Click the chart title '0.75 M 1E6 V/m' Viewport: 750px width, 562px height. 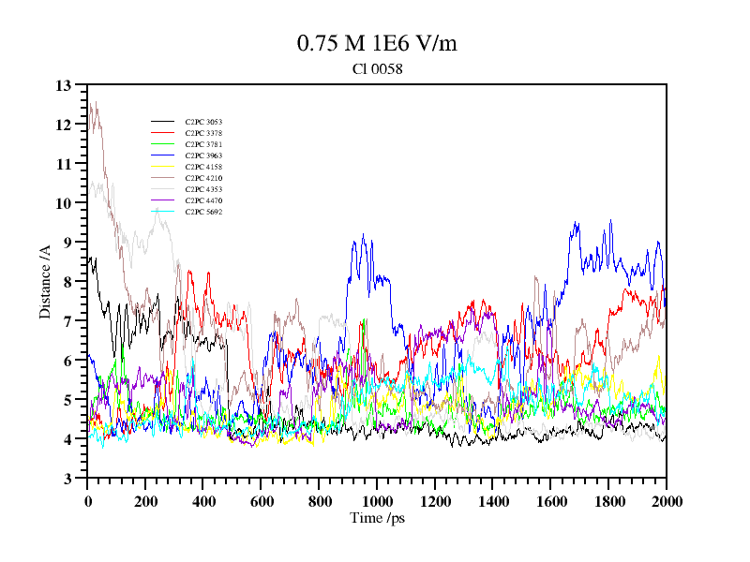pos(377,43)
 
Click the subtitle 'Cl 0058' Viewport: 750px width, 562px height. pos(377,68)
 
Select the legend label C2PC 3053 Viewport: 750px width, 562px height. pos(203,122)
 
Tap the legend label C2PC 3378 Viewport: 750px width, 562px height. pos(203,133)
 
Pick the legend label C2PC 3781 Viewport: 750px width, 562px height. pos(203,144)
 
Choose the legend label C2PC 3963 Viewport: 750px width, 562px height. pos(203,155)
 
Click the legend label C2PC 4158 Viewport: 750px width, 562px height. pos(203,167)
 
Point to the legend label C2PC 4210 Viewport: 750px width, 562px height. pos(203,178)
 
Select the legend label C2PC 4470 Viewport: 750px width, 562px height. pos(203,200)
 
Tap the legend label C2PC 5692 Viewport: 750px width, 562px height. pos(203,212)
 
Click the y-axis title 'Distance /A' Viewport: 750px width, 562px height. pos(44,281)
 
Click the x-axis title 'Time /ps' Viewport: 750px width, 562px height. pos(377,518)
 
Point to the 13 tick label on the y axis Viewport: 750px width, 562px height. pos(64,85)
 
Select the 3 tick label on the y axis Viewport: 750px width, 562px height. pos(67,479)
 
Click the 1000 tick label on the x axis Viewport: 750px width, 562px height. pos(377,501)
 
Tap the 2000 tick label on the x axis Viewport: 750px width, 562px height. pos(666,501)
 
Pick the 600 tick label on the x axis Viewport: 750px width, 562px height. pos(261,501)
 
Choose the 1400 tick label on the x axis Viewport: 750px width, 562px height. pos(492,501)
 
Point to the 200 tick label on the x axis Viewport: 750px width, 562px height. pos(145,501)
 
